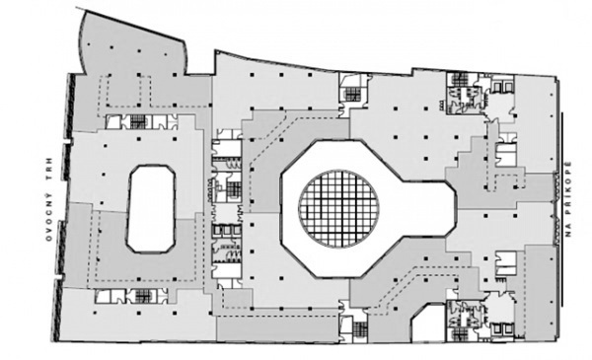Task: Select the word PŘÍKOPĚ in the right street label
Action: coord(568,188)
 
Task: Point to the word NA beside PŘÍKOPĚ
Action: coord(568,229)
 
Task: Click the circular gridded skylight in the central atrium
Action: coord(338,209)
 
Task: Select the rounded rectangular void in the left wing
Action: coord(151,209)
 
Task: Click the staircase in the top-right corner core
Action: coord(459,79)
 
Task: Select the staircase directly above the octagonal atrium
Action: coord(352,94)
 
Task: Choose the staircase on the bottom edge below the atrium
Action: coord(360,329)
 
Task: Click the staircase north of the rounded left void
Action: coord(138,122)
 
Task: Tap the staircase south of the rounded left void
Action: coord(143,296)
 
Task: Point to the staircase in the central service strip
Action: coord(234,188)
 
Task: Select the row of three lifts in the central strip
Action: coord(226,230)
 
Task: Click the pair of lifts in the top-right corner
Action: coord(502,87)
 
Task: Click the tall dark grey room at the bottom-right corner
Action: coord(541,293)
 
